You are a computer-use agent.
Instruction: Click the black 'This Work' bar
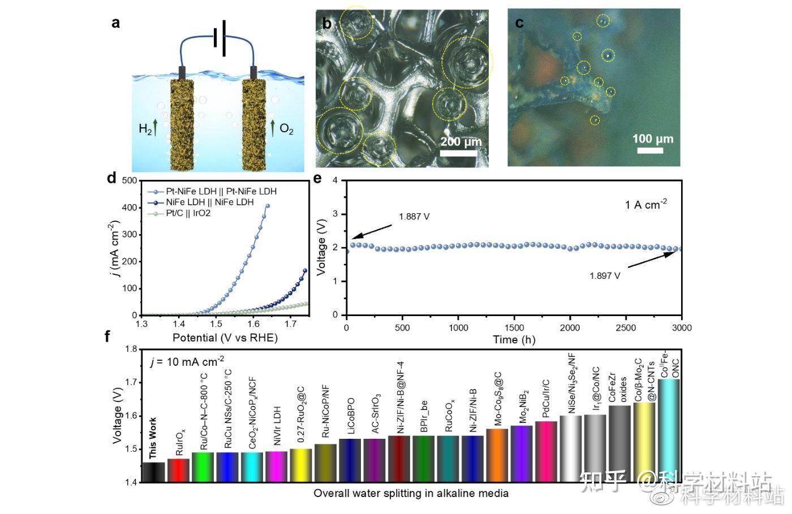(154, 472)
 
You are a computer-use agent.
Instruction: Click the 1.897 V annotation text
(604, 276)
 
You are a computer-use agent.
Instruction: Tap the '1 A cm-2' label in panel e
(645, 204)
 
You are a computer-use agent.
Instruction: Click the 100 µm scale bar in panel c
(650, 150)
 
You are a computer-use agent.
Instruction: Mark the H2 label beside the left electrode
(145, 129)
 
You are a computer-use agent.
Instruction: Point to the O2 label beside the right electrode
(287, 129)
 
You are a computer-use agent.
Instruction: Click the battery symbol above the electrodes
(220, 38)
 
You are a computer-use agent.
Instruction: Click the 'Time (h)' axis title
(514, 340)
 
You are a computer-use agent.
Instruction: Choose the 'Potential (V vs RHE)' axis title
(225, 338)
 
